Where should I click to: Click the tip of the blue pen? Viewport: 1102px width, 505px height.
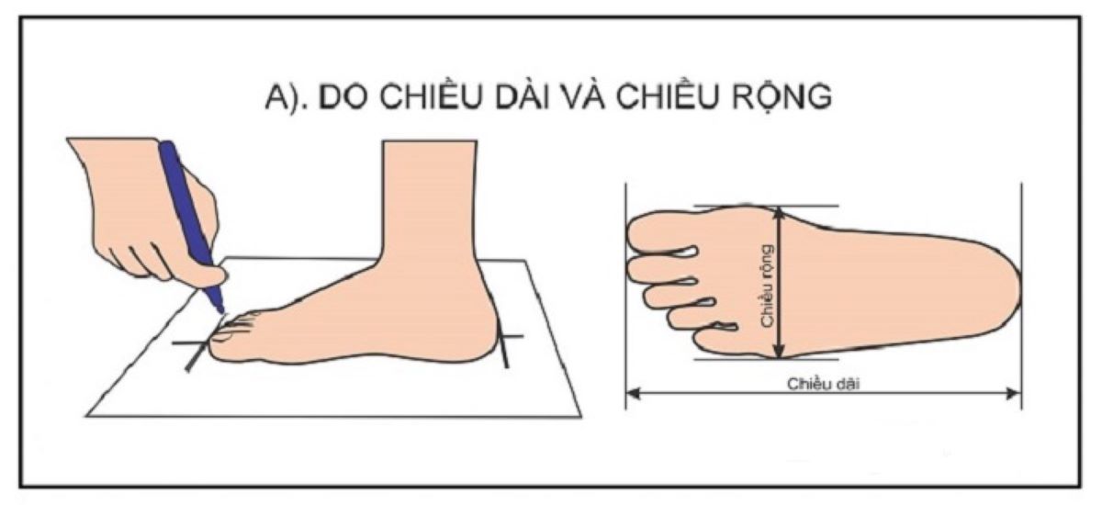click(x=220, y=308)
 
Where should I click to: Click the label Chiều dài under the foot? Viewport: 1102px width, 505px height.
click(x=823, y=384)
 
